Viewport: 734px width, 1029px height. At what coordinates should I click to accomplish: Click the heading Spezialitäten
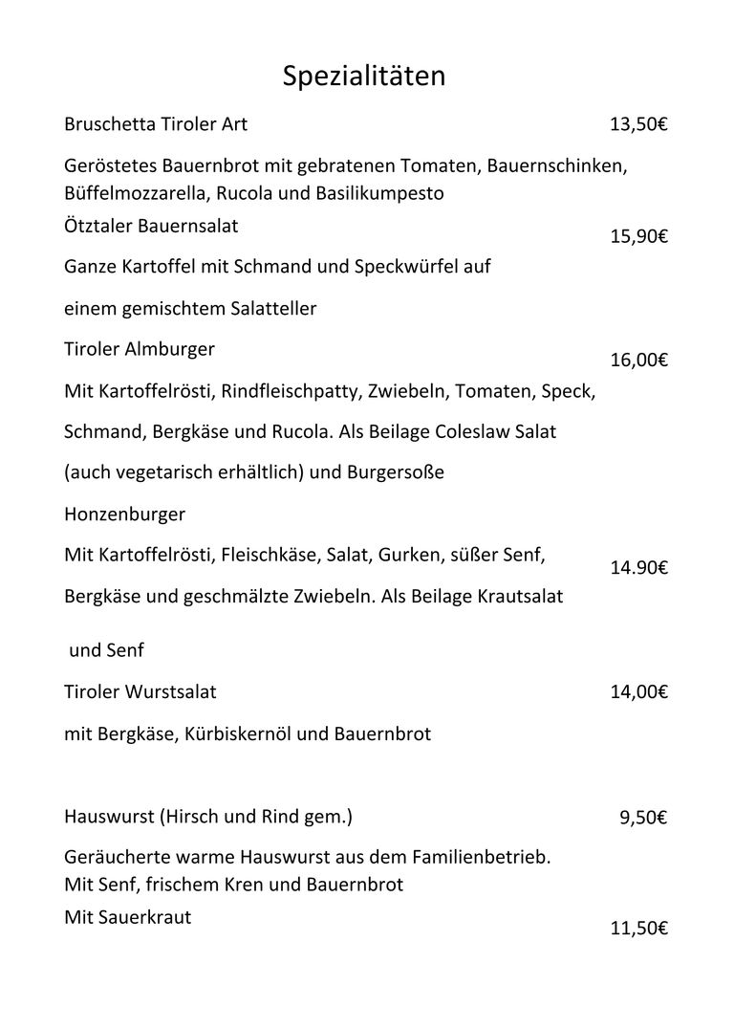point(364,77)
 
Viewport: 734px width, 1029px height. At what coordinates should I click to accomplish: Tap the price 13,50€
point(637,124)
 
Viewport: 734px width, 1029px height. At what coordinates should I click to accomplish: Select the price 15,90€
point(637,236)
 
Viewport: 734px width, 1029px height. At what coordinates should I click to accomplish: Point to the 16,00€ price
point(638,361)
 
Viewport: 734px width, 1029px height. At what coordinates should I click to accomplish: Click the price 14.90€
point(638,568)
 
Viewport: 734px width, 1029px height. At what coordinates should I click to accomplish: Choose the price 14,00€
point(638,691)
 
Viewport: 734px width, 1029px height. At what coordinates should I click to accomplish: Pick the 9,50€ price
point(643,818)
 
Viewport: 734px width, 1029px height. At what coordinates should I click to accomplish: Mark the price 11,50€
point(638,929)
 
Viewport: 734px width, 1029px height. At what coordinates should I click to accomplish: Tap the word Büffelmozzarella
point(137,193)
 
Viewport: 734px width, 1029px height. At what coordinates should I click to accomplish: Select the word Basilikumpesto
point(383,193)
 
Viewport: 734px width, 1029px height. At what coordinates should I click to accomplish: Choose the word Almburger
point(169,350)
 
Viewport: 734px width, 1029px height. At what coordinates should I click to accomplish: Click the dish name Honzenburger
point(124,514)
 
